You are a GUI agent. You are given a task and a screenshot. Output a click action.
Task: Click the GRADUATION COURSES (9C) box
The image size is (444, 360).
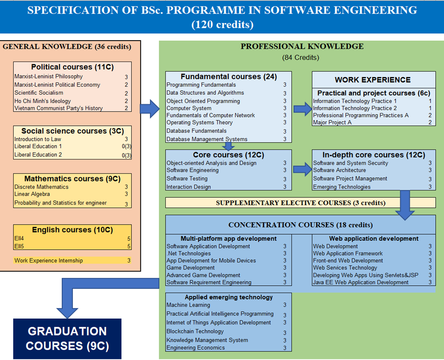(67, 339)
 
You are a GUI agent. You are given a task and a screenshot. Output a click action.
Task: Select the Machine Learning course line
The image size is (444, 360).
(189, 305)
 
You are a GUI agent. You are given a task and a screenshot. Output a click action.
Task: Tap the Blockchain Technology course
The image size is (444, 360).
(195, 331)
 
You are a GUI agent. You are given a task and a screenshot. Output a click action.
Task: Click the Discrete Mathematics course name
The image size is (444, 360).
(41, 187)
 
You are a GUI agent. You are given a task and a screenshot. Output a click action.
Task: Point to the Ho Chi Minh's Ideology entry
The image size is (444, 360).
(42, 101)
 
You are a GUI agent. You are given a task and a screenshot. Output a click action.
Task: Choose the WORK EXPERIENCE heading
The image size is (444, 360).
(373, 80)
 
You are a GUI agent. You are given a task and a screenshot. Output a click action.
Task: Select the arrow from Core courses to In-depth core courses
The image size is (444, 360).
(301, 170)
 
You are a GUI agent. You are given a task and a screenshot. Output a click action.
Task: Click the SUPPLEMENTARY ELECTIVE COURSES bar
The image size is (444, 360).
(300, 202)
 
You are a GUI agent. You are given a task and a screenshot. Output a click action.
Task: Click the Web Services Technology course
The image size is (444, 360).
(345, 268)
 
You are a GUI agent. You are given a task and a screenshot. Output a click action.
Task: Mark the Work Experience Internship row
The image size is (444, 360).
(49, 261)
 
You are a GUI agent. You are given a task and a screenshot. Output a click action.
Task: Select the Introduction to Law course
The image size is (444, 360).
(37, 139)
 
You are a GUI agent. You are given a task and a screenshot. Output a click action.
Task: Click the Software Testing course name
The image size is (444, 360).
(187, 179)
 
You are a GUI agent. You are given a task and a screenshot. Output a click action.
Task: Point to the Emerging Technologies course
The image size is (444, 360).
(342, 187)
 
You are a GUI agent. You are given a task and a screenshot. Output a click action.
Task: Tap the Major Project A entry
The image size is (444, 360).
(332, 123)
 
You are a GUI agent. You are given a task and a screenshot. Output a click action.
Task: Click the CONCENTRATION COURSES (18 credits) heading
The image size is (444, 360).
(300, 225)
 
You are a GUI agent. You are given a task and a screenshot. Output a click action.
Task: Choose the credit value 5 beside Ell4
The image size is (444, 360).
(128, 238)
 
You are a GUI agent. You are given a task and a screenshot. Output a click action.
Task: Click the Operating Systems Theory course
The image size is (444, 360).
(199, 123)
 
